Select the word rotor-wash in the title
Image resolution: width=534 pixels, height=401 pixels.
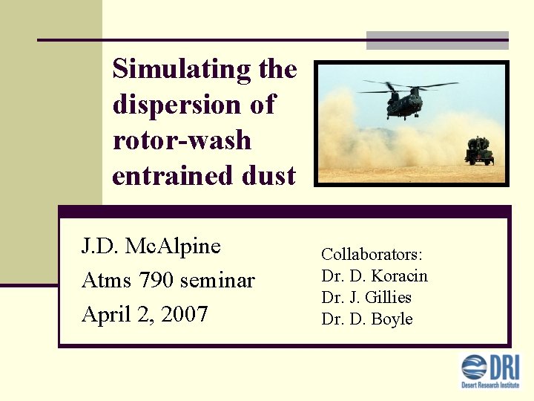point(182,140)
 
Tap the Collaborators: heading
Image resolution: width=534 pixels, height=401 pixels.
point(372,254)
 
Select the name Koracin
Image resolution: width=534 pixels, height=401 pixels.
point(399,276)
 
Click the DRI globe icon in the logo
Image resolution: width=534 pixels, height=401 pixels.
point(474,368)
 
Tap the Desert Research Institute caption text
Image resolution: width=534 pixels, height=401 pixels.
point(490,385)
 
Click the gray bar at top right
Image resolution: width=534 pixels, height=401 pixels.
point(438,41)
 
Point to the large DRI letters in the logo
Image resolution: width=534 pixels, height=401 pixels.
point(504,367)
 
